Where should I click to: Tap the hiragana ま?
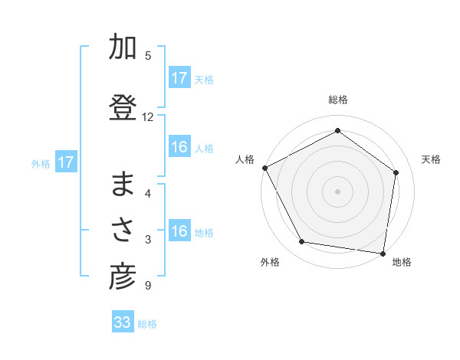(123, 186)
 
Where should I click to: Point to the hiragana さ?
(123, 231)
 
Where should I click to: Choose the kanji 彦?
(123, 277)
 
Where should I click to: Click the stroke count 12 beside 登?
(148, 117)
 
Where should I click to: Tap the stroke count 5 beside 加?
(147, 55)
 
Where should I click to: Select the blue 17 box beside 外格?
(65, 162)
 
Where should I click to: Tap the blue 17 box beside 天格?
(179, 78)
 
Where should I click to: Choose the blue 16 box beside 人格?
(179, 147)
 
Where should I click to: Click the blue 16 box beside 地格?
(179, 232)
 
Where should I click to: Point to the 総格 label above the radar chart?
(338, 100)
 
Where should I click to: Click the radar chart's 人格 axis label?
(246, 159)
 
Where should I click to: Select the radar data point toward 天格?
(396, 172)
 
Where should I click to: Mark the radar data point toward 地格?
(383, 253)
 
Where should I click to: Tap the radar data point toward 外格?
(302, 242)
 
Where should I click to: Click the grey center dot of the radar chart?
(337, 191)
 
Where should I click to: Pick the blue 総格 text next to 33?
(147, 324)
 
